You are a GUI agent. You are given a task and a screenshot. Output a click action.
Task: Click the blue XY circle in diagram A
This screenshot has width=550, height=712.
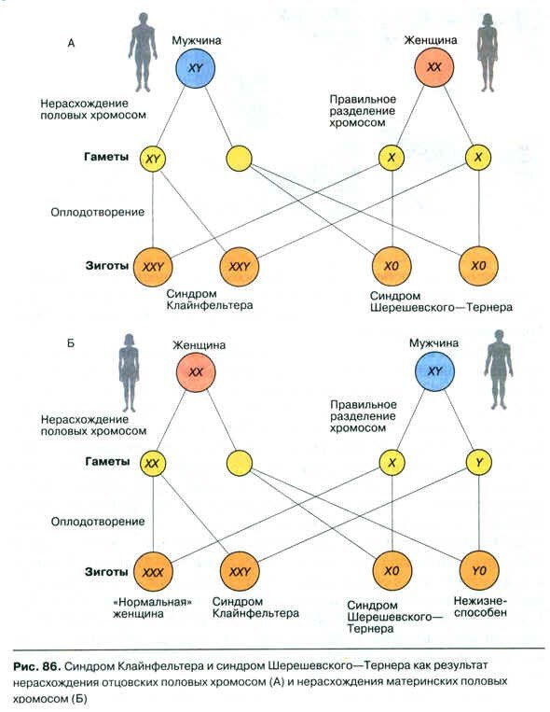195,68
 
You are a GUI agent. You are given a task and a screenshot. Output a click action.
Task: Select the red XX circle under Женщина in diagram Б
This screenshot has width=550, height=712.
196,372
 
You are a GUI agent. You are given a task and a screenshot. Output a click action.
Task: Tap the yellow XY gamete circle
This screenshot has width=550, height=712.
153,159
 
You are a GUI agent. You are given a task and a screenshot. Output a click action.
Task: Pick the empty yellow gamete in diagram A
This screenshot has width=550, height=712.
239,158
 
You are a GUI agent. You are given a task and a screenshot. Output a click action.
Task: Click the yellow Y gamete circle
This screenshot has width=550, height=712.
479,462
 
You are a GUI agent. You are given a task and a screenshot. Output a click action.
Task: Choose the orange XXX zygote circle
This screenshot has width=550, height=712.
153,572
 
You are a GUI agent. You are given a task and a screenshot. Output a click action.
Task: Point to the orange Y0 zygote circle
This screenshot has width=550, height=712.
479,570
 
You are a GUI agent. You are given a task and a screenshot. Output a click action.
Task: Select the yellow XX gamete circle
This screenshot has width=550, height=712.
153,463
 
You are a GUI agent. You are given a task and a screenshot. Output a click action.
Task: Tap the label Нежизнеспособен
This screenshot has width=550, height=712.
480,607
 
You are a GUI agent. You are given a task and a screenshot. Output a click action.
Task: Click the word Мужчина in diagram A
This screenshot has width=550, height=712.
196,40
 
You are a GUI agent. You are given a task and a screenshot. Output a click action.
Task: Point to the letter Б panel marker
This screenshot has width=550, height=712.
70,343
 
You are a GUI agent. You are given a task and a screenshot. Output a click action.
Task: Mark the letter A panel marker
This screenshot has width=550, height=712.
71,44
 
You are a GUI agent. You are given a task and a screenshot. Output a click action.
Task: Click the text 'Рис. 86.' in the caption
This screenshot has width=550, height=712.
36,666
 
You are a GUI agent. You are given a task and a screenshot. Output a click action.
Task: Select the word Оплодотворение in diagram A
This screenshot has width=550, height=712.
98,212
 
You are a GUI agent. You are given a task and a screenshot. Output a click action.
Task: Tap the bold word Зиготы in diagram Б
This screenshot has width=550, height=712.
106,572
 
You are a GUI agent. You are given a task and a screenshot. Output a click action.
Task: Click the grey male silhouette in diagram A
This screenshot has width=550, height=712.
143,52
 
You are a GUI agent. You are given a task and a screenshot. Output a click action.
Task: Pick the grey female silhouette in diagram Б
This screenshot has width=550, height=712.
129,373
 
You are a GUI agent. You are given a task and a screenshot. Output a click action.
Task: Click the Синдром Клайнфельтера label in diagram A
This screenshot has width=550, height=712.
209,300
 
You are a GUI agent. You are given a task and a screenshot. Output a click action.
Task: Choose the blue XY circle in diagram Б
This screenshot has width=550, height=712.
434,371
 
